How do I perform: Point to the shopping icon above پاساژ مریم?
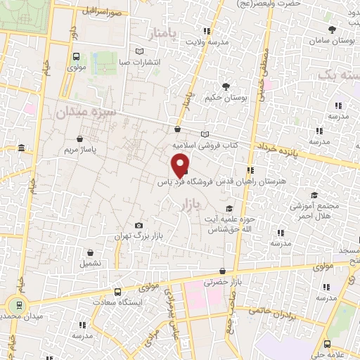pos(85,137)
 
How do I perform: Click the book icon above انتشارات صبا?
pos(139,51)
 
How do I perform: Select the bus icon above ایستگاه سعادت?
pos(117,290)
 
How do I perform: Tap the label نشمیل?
pos(91,263)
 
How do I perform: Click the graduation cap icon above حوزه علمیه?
pos(229,208)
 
